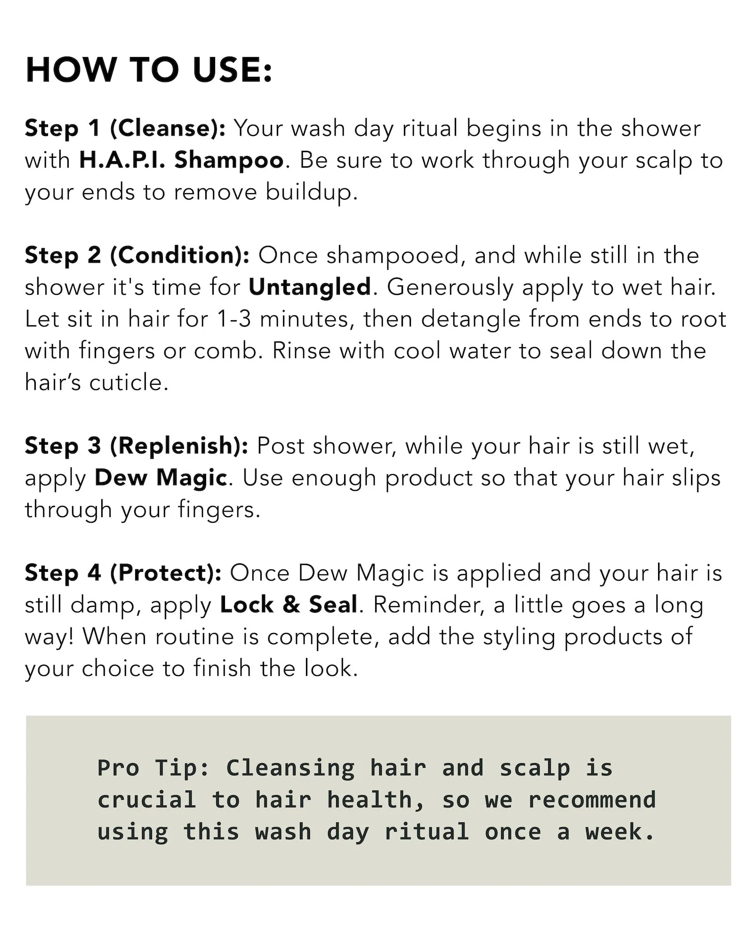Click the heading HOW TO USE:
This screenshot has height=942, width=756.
(149, 70)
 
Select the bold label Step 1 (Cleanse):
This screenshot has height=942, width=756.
(125, 129)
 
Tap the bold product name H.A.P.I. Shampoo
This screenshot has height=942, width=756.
(181, 160)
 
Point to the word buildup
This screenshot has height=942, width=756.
(311, 192)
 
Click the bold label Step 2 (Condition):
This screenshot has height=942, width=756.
(137, 256)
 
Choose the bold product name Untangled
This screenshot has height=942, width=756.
(310, 288)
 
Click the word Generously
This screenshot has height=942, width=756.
(450, 288)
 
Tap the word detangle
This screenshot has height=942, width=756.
(471, 319)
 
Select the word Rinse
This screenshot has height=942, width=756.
(301, 351)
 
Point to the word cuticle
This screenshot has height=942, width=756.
(129, 382)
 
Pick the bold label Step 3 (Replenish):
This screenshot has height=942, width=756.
(137, 446)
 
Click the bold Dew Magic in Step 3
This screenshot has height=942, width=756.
(161, 478)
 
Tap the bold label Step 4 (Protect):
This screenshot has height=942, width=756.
(123, 573)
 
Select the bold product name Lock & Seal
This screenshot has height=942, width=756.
(289, 605)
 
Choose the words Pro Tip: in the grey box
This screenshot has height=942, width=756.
(153, 768)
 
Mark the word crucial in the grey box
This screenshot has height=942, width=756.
(146, 800)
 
